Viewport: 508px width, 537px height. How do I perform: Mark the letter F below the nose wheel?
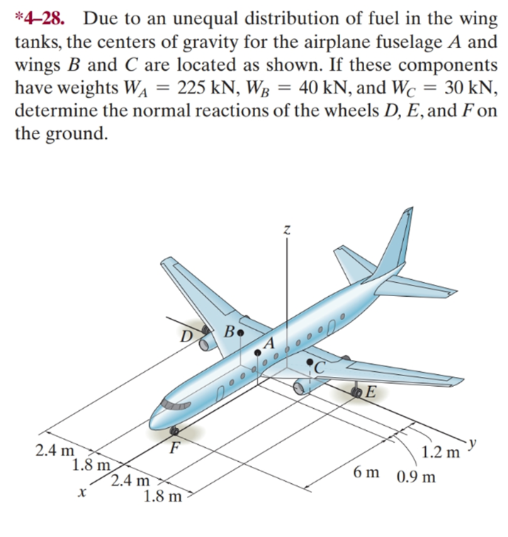(x=174, y=448)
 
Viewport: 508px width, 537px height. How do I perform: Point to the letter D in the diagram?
(x=186, y=334)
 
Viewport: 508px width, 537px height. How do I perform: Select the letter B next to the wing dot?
(x=229, y=330)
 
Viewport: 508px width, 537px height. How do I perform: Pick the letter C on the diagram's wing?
(x=320, y=366)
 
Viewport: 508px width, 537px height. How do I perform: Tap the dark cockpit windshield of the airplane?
(x=171, y=405)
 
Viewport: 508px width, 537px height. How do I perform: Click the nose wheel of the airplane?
(x=175, y=429)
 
